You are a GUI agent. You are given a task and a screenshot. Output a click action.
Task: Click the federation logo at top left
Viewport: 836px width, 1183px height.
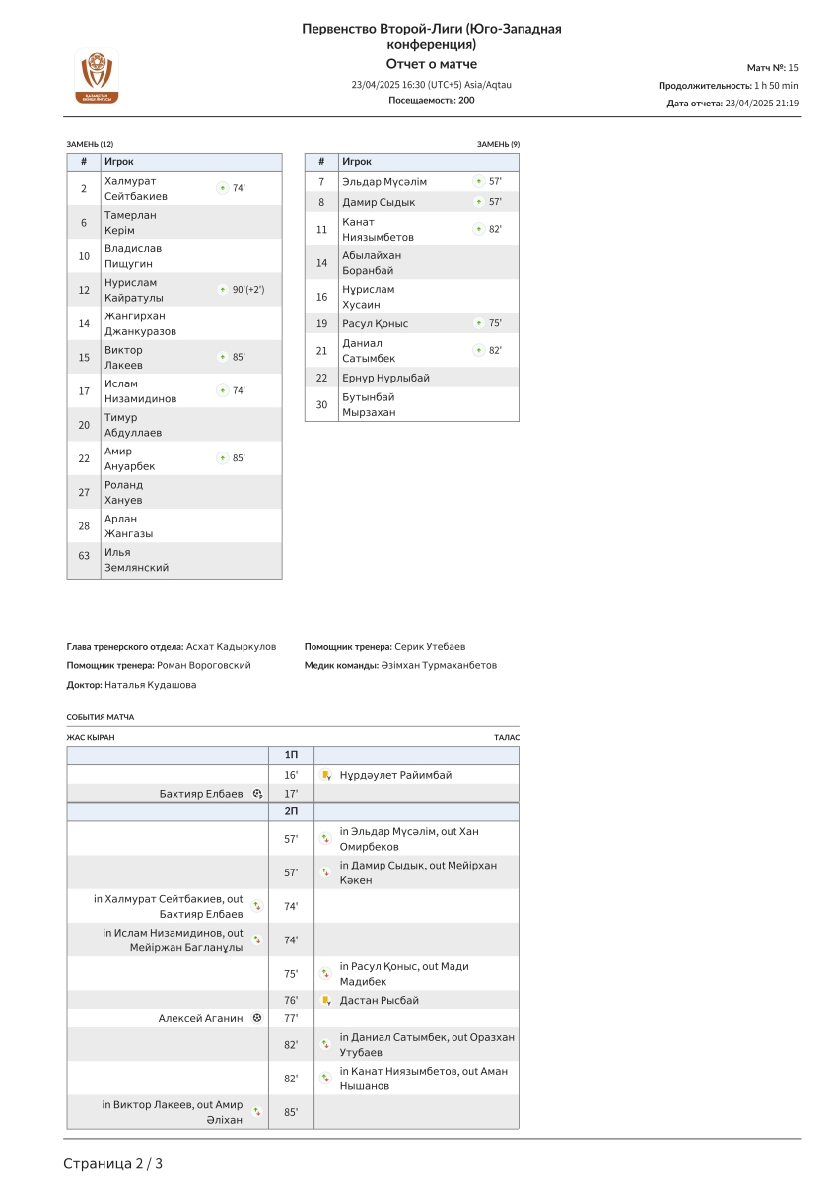pos(97,76)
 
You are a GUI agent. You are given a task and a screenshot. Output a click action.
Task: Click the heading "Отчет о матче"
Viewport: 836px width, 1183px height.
pos(431,64)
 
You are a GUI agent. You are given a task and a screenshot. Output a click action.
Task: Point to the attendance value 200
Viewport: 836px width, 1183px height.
pos(466,100)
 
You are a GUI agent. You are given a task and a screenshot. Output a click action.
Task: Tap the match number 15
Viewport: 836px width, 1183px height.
pos(793,67)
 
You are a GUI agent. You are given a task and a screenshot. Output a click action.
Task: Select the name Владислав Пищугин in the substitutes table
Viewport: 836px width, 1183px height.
pos(133,256)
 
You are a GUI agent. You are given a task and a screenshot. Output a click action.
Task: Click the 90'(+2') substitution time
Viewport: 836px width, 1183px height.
pos(247,290)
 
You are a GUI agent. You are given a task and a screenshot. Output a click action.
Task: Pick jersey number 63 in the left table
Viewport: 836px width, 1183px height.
pos(84,556)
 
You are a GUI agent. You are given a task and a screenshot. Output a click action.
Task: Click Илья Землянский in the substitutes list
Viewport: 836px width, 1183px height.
pos(136,560)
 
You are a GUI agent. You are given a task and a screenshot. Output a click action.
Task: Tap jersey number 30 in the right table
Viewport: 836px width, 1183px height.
pos(321,404)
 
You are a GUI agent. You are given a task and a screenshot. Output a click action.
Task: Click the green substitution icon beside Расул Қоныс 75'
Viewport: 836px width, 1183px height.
pos(478,323)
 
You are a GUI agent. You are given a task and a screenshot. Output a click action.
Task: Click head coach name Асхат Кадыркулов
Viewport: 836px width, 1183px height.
pos(232,647)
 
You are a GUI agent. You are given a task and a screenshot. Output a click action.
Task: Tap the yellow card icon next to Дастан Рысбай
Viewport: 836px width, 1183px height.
pos(325,1000)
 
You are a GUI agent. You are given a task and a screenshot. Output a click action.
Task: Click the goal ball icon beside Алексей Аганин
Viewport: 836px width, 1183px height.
pos(257,1018)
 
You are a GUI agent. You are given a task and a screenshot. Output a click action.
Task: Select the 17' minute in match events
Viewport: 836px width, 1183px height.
pos(291,793)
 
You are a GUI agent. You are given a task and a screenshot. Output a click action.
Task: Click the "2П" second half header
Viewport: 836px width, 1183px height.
pos(291,811)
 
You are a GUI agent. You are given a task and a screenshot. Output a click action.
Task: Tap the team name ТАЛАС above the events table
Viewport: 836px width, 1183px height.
pos(507,737)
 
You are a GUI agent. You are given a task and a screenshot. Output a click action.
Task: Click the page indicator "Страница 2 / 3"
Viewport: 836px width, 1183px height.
pos(113,1163)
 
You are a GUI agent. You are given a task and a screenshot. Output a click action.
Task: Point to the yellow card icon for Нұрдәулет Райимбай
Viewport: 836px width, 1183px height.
pos(325,775)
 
